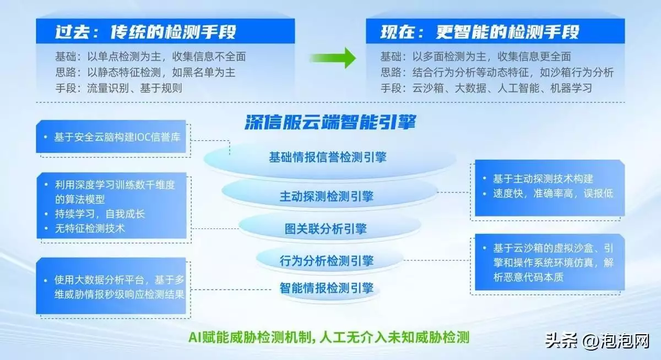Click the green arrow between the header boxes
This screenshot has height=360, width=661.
pos(333,58)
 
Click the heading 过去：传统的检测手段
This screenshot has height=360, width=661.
pos(146,32)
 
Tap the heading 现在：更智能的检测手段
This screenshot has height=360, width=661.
pos(480,32)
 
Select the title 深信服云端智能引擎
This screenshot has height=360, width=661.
pos(330,122)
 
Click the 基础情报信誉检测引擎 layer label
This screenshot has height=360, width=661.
pos(328,157)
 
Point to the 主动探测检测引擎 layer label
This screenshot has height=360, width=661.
pos(326,197)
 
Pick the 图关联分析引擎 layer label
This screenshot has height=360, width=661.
pos(326,229)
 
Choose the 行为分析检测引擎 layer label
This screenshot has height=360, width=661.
pos(326,260)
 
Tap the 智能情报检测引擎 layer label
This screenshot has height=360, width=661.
pos(326,288)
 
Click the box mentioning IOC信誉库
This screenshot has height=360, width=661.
pos(111,137)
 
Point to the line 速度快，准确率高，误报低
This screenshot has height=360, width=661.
pos(553,193)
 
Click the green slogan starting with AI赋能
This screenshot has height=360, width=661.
pos(329,337)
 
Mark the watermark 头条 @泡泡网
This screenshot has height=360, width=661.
pos(597,341)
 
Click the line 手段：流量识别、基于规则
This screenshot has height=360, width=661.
pos(118,88)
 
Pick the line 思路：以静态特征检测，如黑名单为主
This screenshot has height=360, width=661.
pos(145,72)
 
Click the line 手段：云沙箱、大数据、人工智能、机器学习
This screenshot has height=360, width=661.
pos(486,88)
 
